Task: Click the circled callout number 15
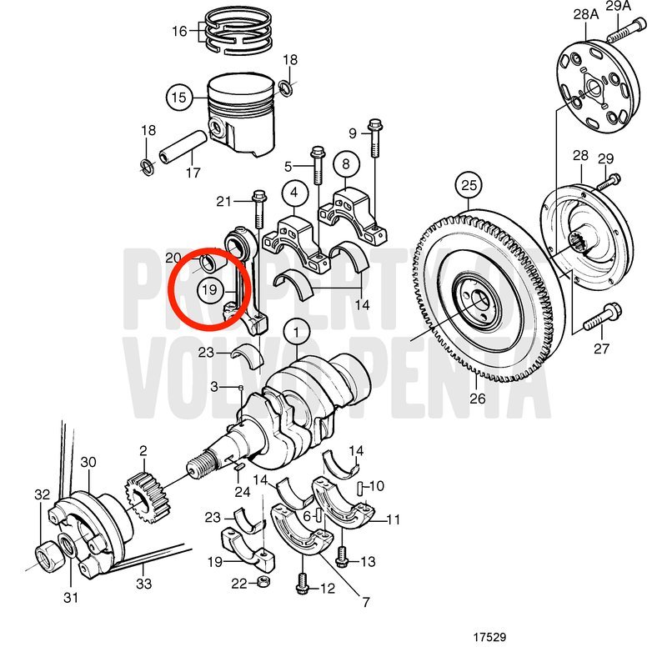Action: [x=179, y=98]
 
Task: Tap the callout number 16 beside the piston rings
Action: [x=179, y=31]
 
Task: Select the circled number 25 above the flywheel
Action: [x=469, y=185]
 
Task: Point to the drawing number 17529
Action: [x=489, y=637]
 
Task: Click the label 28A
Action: [x=586, y=14]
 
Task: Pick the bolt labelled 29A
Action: [x=626, y=31]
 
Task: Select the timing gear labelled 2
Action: [x=148, y=499]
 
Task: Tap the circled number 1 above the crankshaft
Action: [x=297, y=332]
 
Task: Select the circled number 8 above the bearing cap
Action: [x=346, y=163]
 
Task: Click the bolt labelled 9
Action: [x=375, y=138]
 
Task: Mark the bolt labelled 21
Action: [x=258, y=209]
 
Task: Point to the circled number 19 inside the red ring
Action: [x=210, y=290]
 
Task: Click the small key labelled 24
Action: [x=238, y=467]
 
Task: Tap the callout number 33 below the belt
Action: [x=143, y=583]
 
